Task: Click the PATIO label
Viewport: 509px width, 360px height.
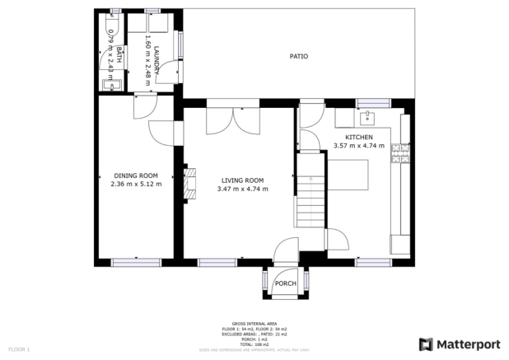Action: [x=298, y=57]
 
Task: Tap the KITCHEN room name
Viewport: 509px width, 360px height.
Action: [x=358, y=137]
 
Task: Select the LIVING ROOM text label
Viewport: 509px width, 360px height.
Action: [x=242, y=180]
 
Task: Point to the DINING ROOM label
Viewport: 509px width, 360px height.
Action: [x=135, y=175]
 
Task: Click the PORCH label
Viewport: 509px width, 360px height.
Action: [x=285, y=283]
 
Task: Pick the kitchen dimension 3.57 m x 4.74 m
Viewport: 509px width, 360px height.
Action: [x=358, y=146]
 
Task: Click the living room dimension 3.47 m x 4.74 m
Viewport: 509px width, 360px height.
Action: [x=242, y=189]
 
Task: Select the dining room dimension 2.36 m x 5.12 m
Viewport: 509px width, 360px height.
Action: [x=135, y=184]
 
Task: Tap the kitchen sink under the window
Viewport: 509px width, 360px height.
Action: [x=368, y=115]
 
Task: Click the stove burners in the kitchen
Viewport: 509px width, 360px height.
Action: [x=402, y=152]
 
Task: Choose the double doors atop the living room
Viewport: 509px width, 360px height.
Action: [x=234, y=119]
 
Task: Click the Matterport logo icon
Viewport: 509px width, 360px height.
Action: [x=427, y=344]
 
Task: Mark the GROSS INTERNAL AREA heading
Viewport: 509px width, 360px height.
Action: [x=254, y=324]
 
